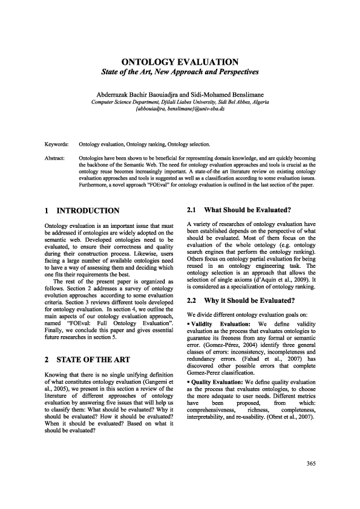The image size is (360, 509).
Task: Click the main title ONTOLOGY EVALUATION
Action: [180, 62]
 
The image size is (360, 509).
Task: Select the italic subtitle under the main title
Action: [180, 73]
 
